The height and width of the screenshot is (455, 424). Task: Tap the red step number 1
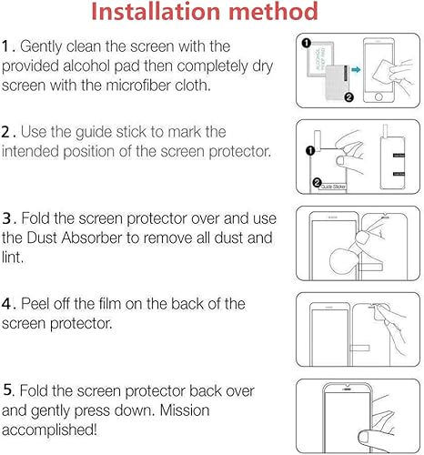(6, 45)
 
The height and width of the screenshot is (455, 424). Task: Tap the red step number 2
(6, 133)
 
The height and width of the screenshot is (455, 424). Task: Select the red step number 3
(7, 218)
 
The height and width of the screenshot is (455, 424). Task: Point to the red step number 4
(7, 304)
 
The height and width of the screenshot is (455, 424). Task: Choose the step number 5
(7, 390)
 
